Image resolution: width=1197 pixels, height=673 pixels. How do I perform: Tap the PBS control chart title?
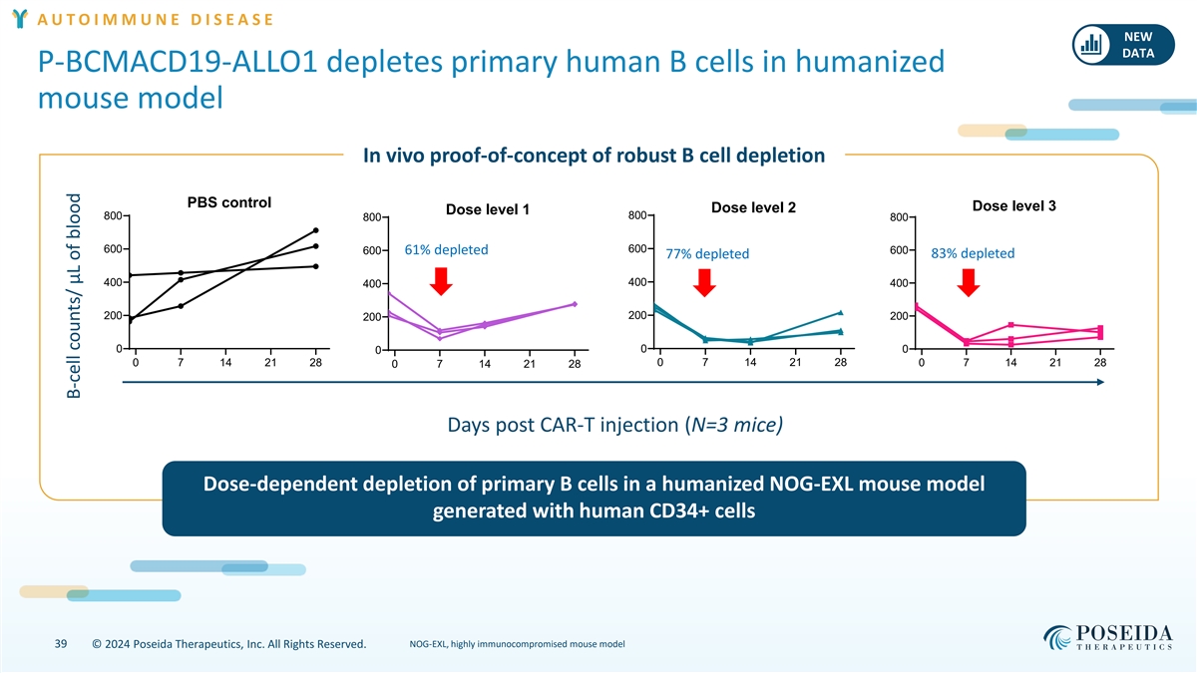pyautogui.click(x=228, y=202)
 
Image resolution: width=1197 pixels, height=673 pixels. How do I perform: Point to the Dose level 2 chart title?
pyautogui.click(x=753, y=207)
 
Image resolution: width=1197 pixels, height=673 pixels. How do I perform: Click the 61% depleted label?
pyautogui.click(x=446, y=249)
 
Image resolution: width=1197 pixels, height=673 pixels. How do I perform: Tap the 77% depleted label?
pyautogui.click(x=707, y=253)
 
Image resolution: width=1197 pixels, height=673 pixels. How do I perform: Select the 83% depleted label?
pyautogui.click(x=972, y=253)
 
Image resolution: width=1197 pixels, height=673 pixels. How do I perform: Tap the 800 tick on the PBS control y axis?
pyautogui.click(x=113, y=215)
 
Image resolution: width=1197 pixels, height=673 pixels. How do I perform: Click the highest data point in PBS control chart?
pyautogui.click(x=315, y=230)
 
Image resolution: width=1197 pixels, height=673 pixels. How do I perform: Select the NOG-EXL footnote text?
pyautogui.click(x=518, y=644)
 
